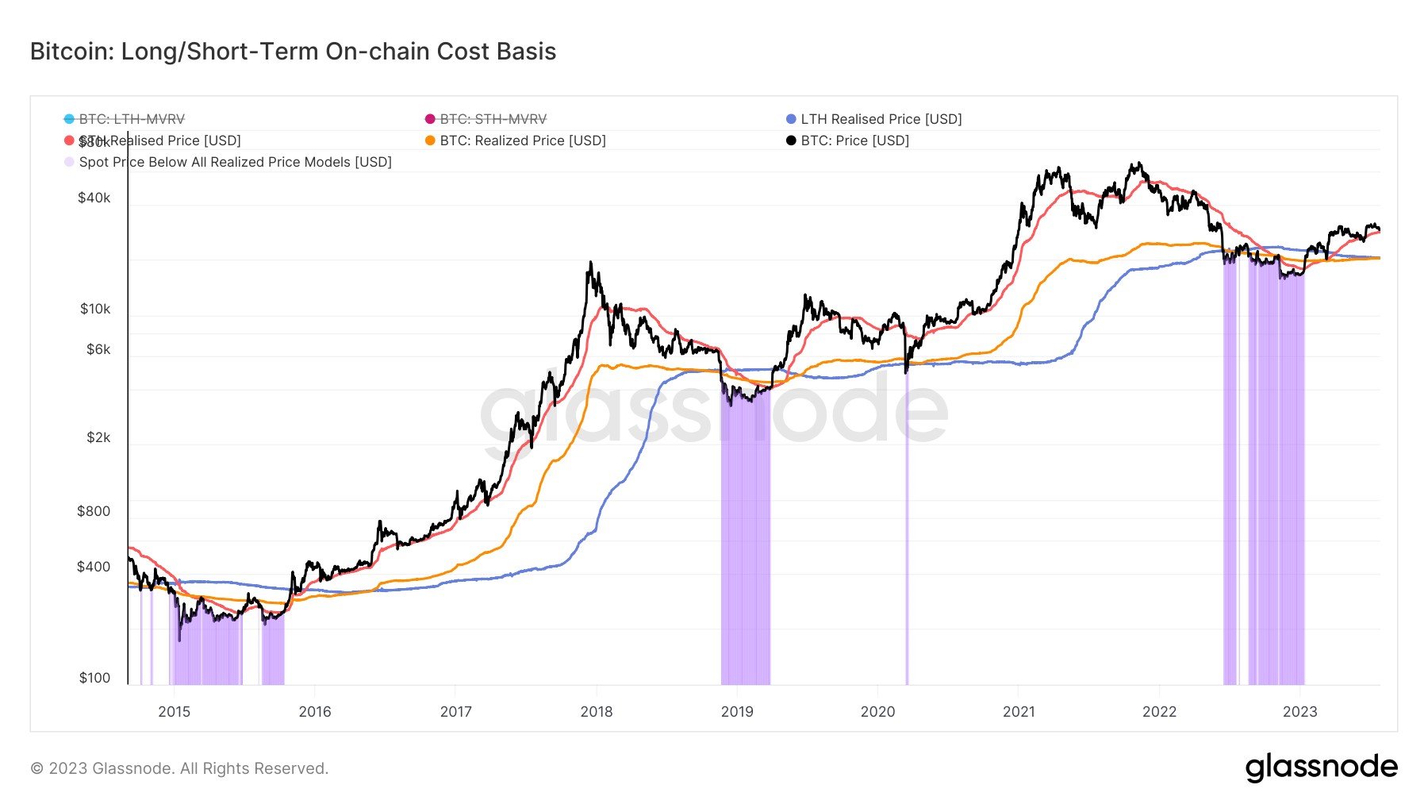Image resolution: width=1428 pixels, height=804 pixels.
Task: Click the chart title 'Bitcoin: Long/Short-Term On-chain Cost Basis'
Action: [293, 52]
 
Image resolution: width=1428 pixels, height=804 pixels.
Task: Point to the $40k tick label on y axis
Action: [94, 198]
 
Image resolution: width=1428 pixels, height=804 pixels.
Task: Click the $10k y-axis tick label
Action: [95, 309]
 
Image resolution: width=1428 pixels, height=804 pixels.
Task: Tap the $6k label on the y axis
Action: [98, 349]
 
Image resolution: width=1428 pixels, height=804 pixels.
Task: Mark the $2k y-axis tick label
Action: [98, 437]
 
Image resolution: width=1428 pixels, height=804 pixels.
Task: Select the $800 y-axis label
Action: [94, 511]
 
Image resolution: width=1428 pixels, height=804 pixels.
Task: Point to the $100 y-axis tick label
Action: [94, 678]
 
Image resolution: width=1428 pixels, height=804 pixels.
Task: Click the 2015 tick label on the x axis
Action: [174, 712]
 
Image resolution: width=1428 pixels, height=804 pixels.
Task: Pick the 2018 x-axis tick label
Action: [597, 712]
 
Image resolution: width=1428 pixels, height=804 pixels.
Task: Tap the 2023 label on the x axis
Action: [1299, 712]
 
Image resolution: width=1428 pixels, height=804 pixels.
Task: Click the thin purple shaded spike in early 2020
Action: [907, 556]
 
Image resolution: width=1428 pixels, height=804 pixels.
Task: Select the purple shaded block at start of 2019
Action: [745, 556]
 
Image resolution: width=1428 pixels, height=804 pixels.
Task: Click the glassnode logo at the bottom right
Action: [1321, 767]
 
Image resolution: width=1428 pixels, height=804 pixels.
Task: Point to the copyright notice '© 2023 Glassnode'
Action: [179, 768]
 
